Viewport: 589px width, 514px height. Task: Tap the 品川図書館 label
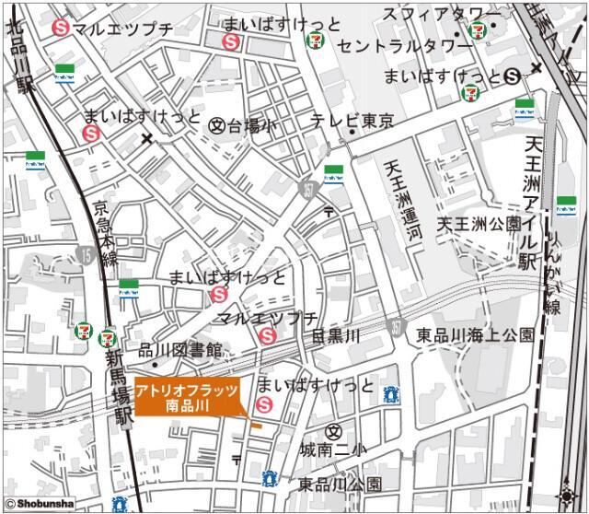coord(180,350)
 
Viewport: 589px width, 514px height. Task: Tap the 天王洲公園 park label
coord(479,224)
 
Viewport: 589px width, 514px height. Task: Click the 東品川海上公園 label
coord(474,334)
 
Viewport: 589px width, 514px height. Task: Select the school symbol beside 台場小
coord(217,124)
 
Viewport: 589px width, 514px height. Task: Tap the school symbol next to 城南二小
coord(333,431)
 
